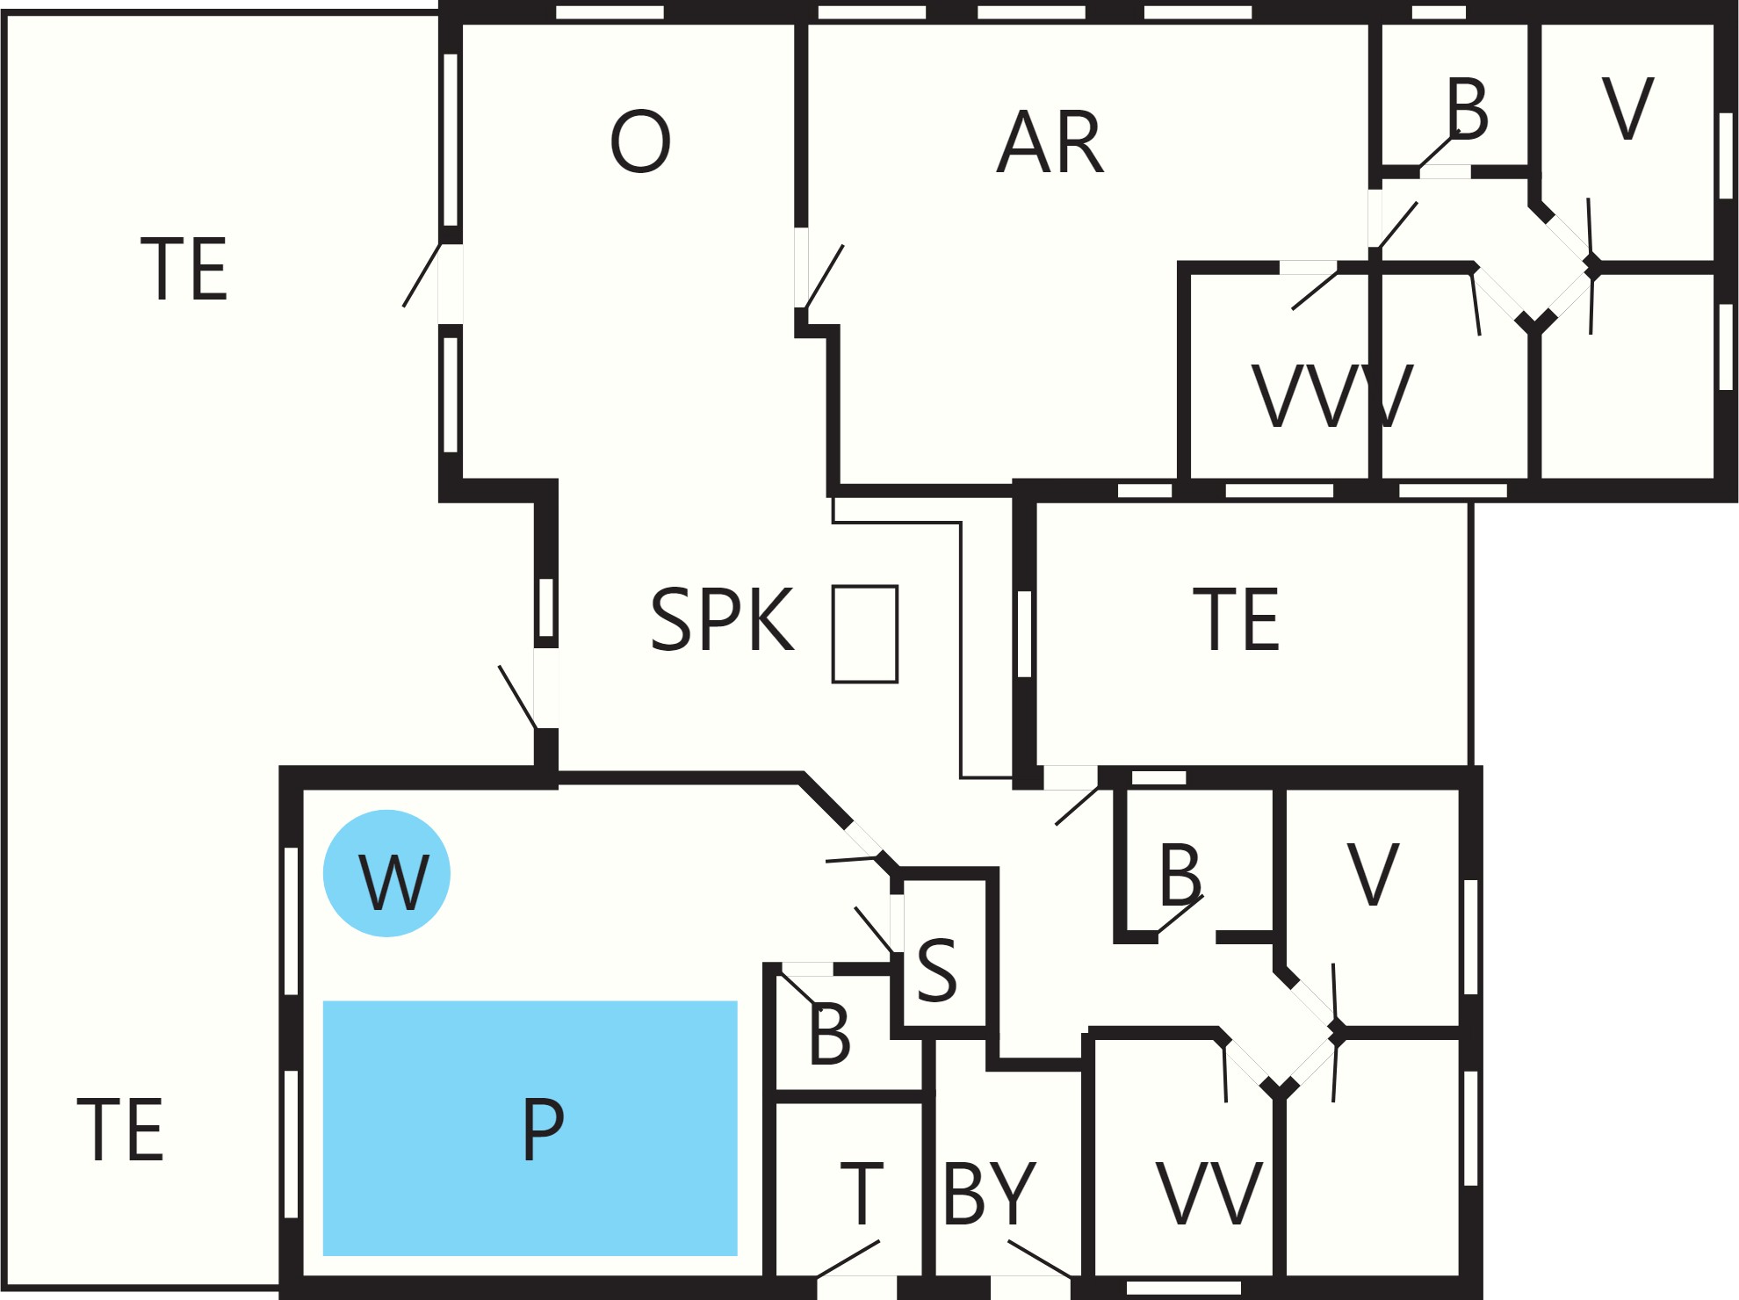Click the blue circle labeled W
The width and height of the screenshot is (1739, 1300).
[386, 873]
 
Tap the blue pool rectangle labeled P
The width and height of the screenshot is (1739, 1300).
[530, 1128]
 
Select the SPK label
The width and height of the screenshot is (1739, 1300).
[722, 619]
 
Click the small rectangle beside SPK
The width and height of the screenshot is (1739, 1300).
[865, 633]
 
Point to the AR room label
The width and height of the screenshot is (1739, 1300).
[1050, 142]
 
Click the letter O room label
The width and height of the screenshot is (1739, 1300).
[640, 141]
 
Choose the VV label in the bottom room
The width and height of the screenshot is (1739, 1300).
[1209, 1193]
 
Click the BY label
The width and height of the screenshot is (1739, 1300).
[990, 1193]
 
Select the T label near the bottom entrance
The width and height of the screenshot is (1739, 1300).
[862, 1193]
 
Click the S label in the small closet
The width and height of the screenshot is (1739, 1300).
[936, 969]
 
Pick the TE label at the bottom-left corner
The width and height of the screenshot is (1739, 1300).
[120, 1129]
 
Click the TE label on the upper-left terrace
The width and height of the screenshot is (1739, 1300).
[184, 269]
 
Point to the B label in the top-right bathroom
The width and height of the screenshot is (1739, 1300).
[1468, 109]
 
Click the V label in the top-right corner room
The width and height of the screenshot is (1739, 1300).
[1628, 109]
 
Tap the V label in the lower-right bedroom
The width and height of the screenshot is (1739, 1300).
[1373, 874]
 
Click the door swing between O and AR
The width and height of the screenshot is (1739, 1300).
[824, 277]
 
